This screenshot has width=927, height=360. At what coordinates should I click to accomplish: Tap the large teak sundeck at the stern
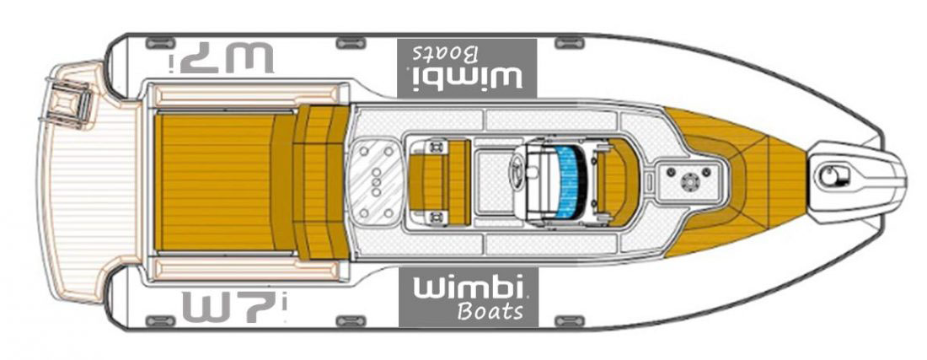215,181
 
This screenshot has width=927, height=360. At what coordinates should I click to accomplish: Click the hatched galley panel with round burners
374,180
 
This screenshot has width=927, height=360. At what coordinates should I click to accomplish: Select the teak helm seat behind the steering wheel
439,180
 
